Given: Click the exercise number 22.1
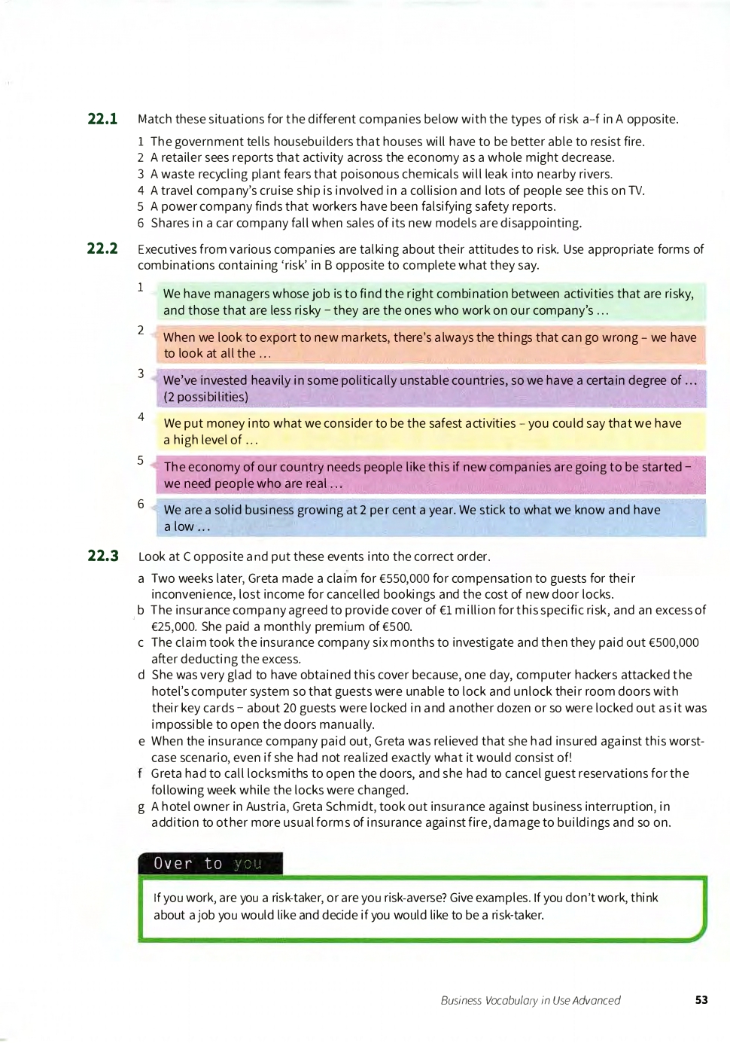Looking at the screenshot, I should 102,119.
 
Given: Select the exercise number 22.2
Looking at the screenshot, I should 102,249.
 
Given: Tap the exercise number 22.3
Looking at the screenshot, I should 103,557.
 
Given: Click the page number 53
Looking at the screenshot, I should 701,1000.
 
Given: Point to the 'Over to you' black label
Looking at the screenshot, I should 210,864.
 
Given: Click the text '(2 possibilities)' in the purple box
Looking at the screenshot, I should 205,397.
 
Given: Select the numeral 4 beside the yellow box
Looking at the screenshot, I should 141,416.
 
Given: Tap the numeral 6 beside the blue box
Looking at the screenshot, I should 141,504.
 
